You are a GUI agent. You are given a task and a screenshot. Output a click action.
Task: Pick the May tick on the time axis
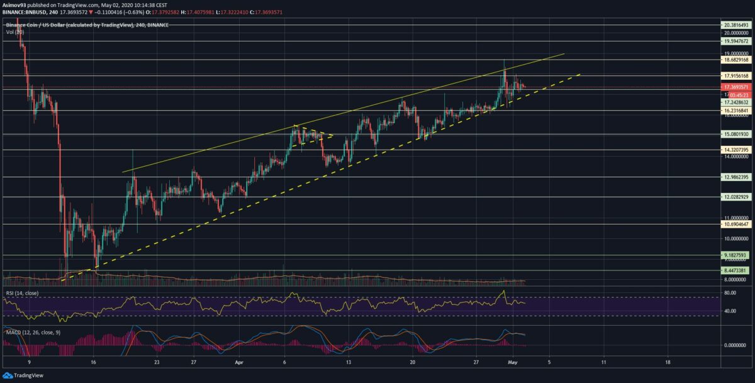(512, 363)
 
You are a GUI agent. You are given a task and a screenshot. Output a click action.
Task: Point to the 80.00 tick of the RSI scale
(730, 292)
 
